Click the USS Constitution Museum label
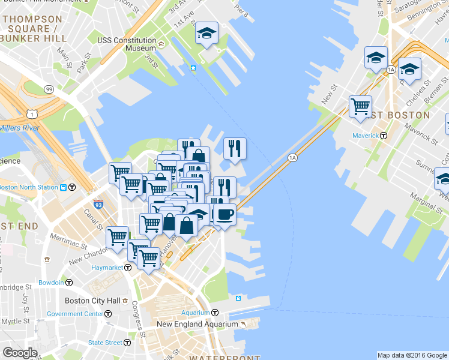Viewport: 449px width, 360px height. [x=127, y=44]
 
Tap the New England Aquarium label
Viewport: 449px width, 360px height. [x=197, y=324]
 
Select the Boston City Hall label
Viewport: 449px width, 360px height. [x=92, y=301]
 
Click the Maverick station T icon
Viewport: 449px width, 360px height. [x=384, y=136]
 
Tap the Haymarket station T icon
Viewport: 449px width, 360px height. [x=128, y=267]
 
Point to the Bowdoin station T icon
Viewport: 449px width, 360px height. [x=69, y=282]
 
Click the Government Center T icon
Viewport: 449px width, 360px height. [x=108, y=314]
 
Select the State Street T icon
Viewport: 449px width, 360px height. [x=127, y=343]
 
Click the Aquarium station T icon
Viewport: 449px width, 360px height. [x=215, y=313]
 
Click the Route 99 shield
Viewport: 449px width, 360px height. [x=49, y=89]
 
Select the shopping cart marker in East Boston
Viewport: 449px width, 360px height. [x=360, y=106]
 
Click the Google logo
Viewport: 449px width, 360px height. [x=20, y=353]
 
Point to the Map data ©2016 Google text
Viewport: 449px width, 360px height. [x=412, y=355]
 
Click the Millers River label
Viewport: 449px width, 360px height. [x=19, y=128]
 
